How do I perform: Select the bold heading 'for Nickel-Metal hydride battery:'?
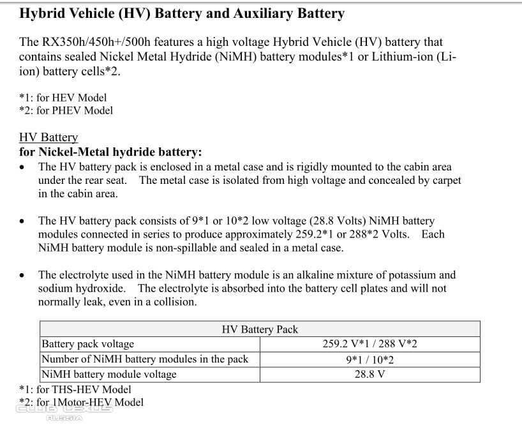click(110, 152)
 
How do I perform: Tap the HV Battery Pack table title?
click(260, 329)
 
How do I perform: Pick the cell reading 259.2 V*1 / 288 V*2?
click(369, 344)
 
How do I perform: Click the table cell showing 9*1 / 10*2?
click(369, 359)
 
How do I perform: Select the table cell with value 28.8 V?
click(369, 374)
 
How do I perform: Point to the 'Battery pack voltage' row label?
click(88, 344)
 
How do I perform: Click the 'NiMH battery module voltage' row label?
click(108, 374)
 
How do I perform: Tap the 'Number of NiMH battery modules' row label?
click(145, 359)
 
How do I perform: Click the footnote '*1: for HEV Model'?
click(63, 98)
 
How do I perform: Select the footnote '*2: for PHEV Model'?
click(66, 110)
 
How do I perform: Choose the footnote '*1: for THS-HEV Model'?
click(75, 389)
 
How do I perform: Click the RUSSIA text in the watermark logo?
click(64, 418)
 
